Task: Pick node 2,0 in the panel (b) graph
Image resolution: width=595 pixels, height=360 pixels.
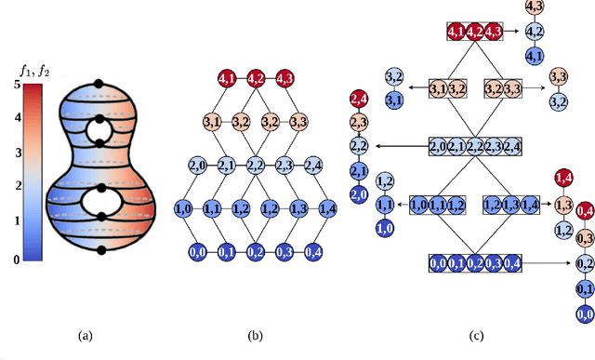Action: pos(198,166)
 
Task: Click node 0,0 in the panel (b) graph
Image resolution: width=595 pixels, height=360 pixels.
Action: pos(197,251)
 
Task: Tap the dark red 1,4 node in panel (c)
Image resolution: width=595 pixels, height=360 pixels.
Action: pos(562,179)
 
